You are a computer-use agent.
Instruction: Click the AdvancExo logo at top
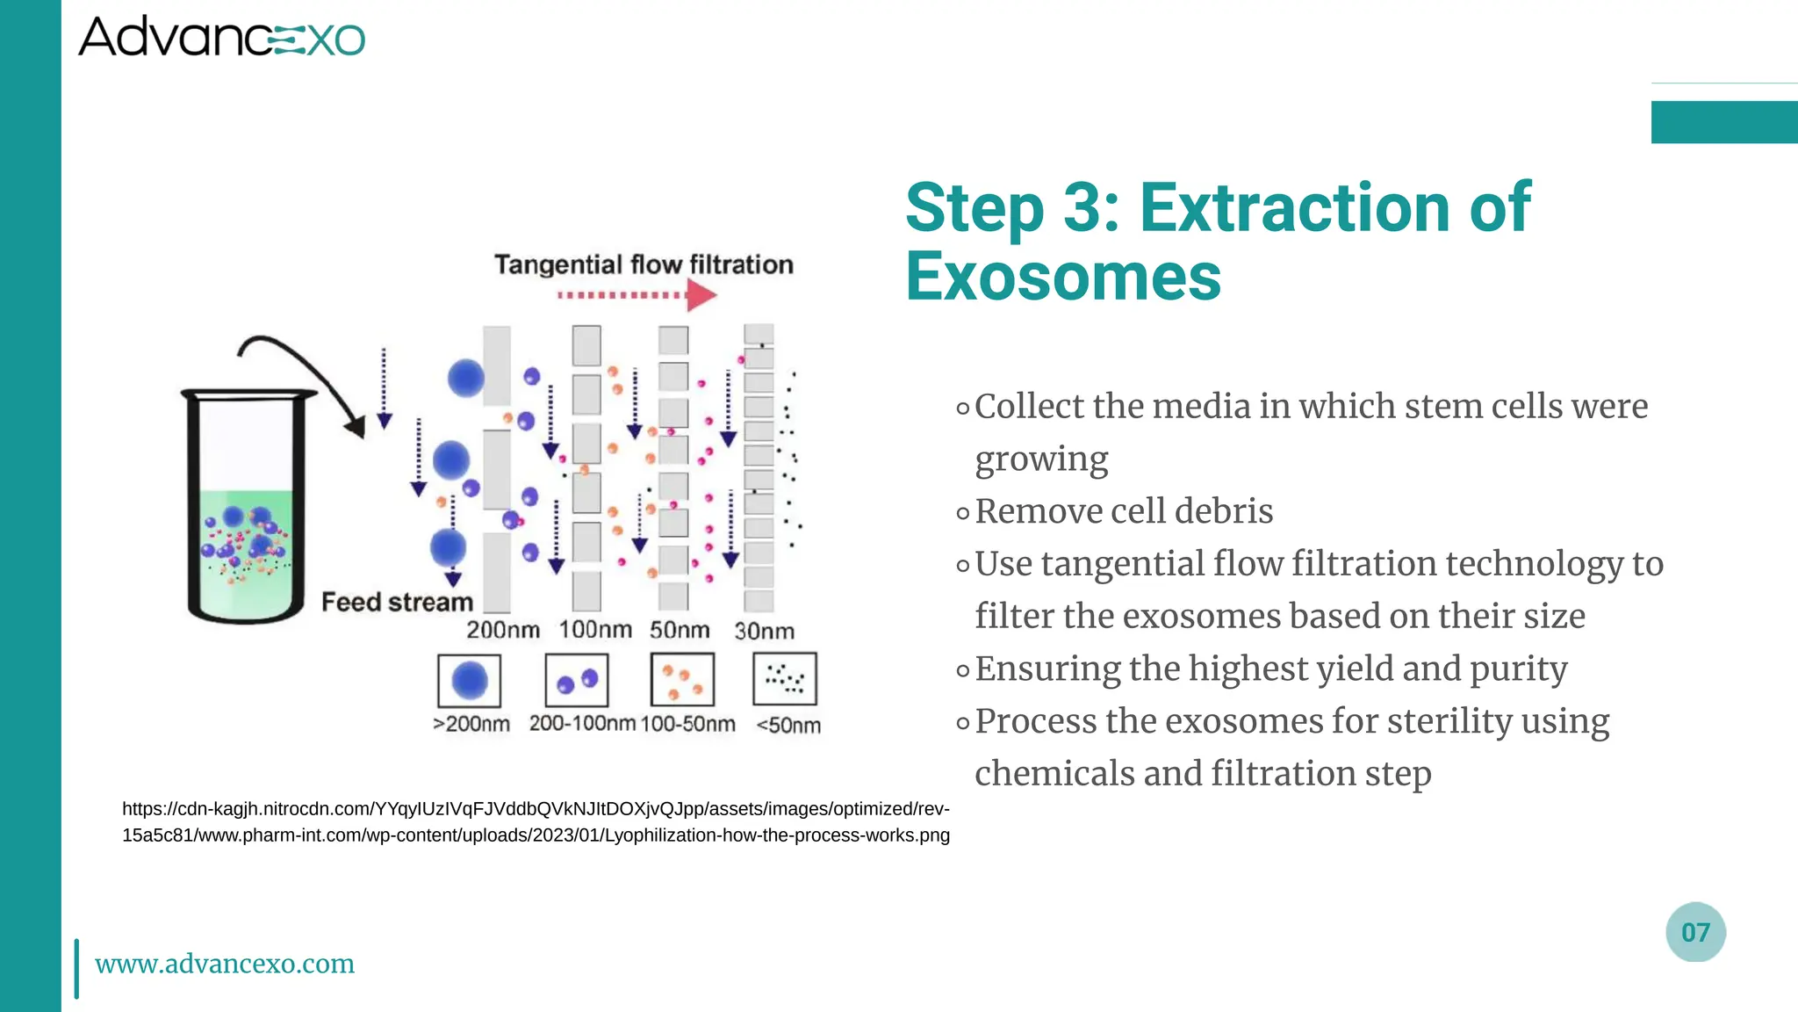point(221,38)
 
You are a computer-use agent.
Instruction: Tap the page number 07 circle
point(1695,932)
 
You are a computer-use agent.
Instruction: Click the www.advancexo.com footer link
point(225,964)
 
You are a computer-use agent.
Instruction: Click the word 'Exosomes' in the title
point(1063,278)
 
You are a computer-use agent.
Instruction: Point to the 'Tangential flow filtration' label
point(644,264)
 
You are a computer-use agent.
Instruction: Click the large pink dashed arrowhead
point(700,296)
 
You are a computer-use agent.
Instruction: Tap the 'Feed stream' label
point(397,603)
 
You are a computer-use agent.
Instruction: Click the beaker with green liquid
point(245,510)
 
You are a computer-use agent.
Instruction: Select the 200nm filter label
point(502,630)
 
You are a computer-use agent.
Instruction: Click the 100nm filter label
point(595,630)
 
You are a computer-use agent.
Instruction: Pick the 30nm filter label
point(764,631)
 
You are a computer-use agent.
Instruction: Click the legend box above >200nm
point(469,680)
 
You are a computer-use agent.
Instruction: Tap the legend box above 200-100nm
point(577,680)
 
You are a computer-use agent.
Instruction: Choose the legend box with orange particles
point(682,680)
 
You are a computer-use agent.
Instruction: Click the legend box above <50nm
point(785,678)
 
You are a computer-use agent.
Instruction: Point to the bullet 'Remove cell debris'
point(1124,511)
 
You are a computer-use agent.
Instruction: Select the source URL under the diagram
point(536,822)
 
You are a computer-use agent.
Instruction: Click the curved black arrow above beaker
point(303,373)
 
